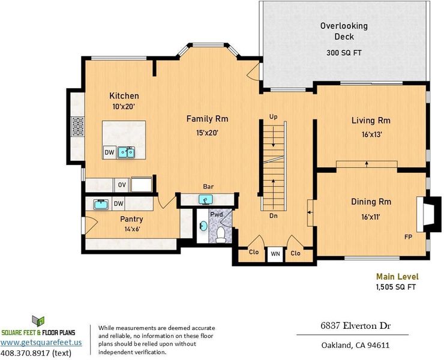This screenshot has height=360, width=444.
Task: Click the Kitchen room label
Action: [x=124, y=96]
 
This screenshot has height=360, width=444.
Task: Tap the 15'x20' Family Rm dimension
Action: [x=207, y=133]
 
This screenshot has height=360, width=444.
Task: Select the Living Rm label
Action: [x=371, y=121]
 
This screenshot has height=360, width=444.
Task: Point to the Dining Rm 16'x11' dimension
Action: [x=371, y=217]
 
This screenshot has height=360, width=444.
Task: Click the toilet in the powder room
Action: [x=220, y=235]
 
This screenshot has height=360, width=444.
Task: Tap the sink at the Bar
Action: [x=206, y=199]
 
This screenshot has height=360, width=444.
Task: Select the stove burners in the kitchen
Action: [x=78, y=127]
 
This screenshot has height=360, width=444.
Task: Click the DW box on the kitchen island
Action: [x=109, y=152]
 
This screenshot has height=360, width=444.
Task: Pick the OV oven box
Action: [x=122, y=185]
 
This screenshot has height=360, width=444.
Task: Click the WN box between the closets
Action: [x=275, y=254]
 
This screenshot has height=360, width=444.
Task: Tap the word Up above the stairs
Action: [x=273, y=116]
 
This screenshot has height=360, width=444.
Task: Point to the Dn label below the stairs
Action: [x=273, y=216]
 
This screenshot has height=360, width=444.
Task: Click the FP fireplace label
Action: [x=409, y=237]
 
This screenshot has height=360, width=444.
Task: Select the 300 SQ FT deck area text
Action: [x=344, y=53]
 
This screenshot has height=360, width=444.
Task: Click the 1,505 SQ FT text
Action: [x=396, y=287]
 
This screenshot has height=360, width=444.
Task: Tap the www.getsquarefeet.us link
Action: [x=41, y=342]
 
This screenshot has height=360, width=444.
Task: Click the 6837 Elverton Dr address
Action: [x=356, y=326]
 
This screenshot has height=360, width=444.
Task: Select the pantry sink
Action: [x=101, y=204]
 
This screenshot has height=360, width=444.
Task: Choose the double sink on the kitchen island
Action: [x=126, y=152]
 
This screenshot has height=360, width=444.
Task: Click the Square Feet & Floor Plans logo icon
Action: [x=39, y=321]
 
